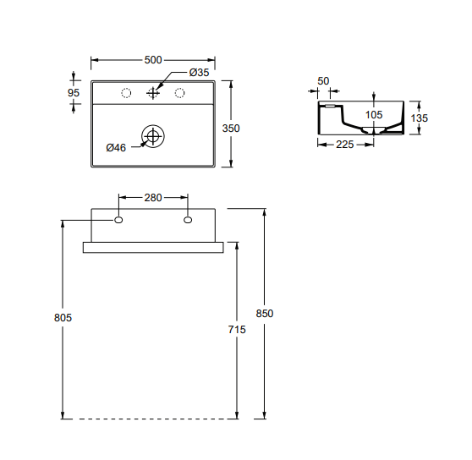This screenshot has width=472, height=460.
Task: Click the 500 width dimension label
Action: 153,60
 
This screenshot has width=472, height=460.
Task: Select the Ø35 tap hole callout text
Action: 199,73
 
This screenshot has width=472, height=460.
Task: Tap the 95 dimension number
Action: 74,93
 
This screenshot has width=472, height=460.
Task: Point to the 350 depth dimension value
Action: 231,129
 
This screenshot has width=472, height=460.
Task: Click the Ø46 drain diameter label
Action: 116,148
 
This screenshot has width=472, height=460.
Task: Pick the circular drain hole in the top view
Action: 153,136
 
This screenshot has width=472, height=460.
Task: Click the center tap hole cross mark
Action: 153,93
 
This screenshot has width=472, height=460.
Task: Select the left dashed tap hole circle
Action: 126,93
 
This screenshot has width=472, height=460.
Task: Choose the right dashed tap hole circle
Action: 179,93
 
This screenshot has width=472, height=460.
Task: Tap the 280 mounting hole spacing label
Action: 153,198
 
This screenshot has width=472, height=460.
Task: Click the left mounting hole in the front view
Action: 118,220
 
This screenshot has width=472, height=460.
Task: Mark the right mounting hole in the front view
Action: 188,220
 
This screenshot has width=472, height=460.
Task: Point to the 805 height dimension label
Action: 63,318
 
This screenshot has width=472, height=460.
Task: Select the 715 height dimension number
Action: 237,330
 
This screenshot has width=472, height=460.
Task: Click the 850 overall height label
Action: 265,314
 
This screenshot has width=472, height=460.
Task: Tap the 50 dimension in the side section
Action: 323,81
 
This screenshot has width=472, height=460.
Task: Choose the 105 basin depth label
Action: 374,115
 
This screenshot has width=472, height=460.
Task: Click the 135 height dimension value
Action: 420,118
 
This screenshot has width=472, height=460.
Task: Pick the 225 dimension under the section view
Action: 344,145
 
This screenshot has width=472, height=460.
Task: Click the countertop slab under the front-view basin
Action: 153,247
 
